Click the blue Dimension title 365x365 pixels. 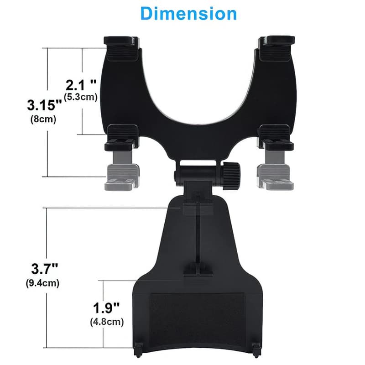pyautogui.click(x=188, y=14)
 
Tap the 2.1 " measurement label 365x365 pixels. pyautogui.click(x=81, y=85)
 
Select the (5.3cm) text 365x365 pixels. pyautogui.click(x=81, y=97)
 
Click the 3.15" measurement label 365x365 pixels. pyautogui.click(x=44, y=105)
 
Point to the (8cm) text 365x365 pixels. pyautogui.click(x=43, y=119)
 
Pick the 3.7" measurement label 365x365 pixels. pyautogui.click(x=44, y=269)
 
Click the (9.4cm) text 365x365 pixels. pyautogui.click(x=42, y=283)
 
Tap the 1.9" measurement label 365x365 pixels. pyautogui.click(x=106, y=308)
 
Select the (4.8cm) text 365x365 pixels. pyautogui.click(x=107, y=322)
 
